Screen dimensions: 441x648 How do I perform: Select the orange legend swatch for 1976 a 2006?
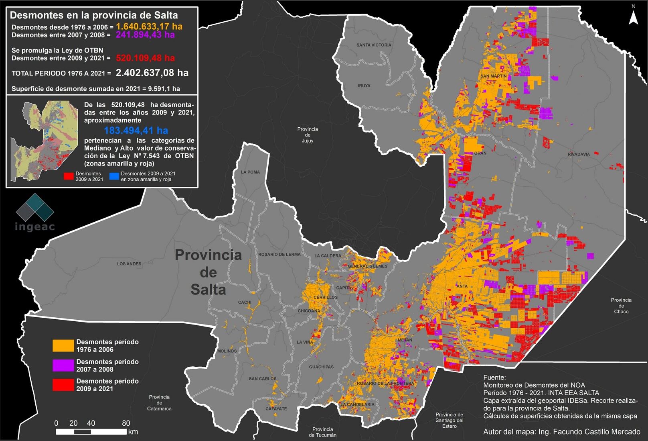click(x=63, y=345)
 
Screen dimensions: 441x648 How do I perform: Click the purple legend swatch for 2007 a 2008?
click(x=63, y=365)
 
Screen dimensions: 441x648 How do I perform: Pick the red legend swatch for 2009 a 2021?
click(x=63, y=385)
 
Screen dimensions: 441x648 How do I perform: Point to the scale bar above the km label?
click(x=91, y=432)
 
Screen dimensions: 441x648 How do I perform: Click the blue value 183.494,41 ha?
click(x=136, y=131)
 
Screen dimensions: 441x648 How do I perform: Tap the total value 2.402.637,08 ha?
click(x=152, y=73)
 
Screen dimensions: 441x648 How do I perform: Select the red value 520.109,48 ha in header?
click(x=145, y=58)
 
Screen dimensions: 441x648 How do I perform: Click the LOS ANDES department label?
click(x=129, y=264)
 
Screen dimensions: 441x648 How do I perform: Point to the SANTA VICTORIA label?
click(x=374, y=45)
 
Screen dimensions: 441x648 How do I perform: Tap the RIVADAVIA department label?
click(x=579, y=154)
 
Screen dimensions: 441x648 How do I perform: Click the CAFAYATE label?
click(x=276, y=409)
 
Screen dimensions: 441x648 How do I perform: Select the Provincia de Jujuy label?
click(x=308, y=135)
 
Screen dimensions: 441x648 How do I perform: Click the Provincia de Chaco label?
click(x=621, y=306)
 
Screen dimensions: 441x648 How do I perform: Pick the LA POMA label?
click(x=250, y=172)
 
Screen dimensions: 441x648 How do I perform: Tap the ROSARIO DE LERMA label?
click(x=279, y=254)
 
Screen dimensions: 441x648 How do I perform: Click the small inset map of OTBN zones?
click(x=44, y=141)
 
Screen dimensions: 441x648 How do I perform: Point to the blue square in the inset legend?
click(x=114, y=176)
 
